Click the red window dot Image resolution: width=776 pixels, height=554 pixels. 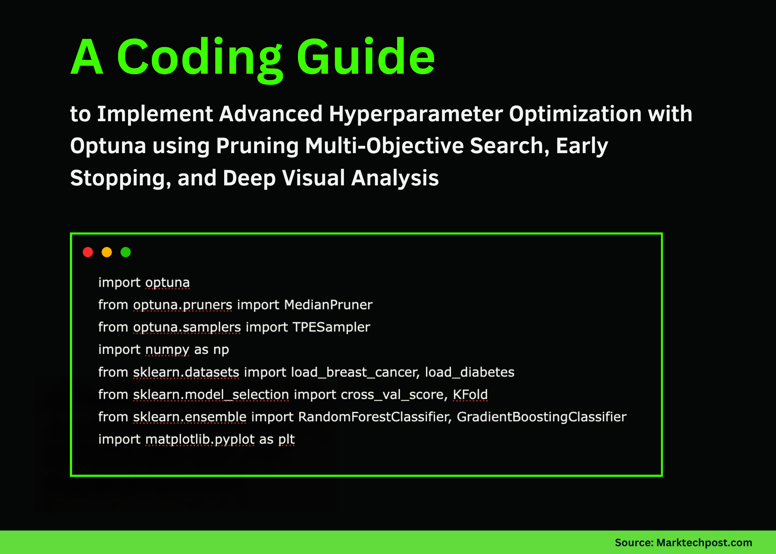click(x=88, y=252)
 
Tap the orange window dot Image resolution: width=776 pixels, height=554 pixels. click(x=107, y=252)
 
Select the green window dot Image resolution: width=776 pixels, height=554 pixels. click(x=126, y=252)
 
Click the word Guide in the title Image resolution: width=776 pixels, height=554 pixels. click(x=365, y=57)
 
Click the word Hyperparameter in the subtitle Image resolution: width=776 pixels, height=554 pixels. click(x=416, y=114)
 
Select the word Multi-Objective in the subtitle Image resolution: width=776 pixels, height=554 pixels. click(x=384, y=146)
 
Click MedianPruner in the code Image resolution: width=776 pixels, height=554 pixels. click(x=328, y=305)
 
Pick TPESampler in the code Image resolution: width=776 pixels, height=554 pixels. click(x=331, y=327)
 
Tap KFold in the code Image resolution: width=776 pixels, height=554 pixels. click(x=470, y=394)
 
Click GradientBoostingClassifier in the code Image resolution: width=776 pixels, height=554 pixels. click(x=541, y=417)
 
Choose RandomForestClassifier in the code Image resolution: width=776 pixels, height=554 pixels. click(x=375, y=417)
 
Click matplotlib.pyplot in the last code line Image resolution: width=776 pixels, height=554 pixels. click(x=200, y=440)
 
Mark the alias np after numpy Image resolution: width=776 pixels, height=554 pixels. click(x=221, y=350)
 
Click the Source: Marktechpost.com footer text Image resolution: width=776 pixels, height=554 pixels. click(x=683, y=543)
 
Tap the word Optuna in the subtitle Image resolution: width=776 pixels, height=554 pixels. click(x=108, y=146)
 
